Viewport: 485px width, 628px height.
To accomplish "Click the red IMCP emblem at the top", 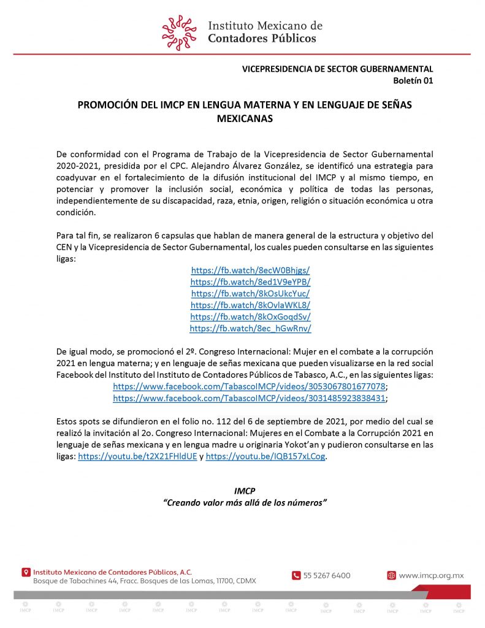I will [x=180, y=33].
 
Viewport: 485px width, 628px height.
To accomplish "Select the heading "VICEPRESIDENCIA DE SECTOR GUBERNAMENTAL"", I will [x=337, y=69].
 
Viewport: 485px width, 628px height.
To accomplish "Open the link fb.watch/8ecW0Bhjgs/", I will [x=250, y=270].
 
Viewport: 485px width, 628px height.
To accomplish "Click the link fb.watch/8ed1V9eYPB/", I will [x=250, y=281].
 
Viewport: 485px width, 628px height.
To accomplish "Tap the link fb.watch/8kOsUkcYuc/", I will [x=250, y=293].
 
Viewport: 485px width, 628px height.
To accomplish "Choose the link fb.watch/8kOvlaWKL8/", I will [x=250, y=305].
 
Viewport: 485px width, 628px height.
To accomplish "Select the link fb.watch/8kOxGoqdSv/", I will [x=250, y=316].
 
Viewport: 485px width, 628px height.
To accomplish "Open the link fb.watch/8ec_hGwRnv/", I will [x=250, y=328].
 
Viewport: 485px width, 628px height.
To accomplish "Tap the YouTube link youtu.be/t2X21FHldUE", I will [x=137, y=456].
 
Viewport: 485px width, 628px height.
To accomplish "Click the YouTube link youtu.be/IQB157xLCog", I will [x=265, y=456].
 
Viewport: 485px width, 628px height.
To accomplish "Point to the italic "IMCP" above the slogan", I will [x=245, y=491].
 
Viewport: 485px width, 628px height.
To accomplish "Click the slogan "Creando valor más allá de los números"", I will [x=245, y=502].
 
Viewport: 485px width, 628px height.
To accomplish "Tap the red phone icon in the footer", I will [x=296, y=575].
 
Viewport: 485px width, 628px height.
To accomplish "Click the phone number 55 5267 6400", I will [x=327, y=575].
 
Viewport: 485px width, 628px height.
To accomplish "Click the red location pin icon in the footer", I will [x=26, y=572].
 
